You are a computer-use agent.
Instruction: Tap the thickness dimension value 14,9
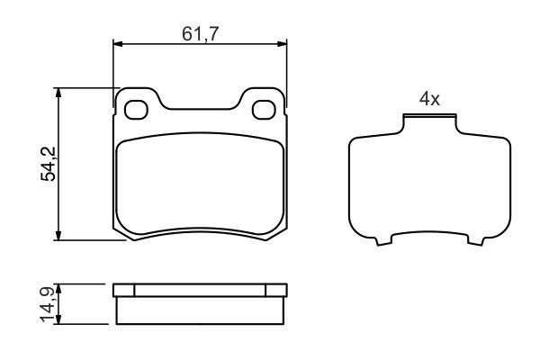point(49,304)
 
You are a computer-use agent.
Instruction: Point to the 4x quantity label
point(429,100)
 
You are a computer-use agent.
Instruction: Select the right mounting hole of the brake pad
point(265,110)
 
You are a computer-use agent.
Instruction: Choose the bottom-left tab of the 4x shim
point(385,240)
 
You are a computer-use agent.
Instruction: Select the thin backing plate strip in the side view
point(201,290)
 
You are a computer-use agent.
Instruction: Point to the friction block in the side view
point(201,310)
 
